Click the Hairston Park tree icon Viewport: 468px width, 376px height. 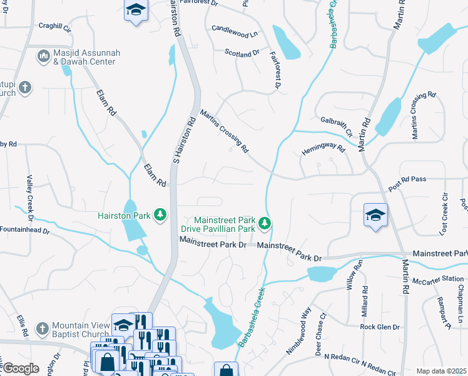click(161, 216)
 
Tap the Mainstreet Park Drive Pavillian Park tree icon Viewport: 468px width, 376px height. click(265, 223)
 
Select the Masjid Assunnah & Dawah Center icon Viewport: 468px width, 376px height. click(44, 57)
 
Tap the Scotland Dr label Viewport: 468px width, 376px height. click(242, 54)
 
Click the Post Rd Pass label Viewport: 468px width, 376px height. click(407, 180)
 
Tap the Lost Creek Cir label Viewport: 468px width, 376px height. click(444, 214)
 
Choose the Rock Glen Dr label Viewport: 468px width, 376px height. click(380, 327)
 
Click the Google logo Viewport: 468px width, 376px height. click(21, 368)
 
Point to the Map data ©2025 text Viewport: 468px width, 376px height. click(441, 371)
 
